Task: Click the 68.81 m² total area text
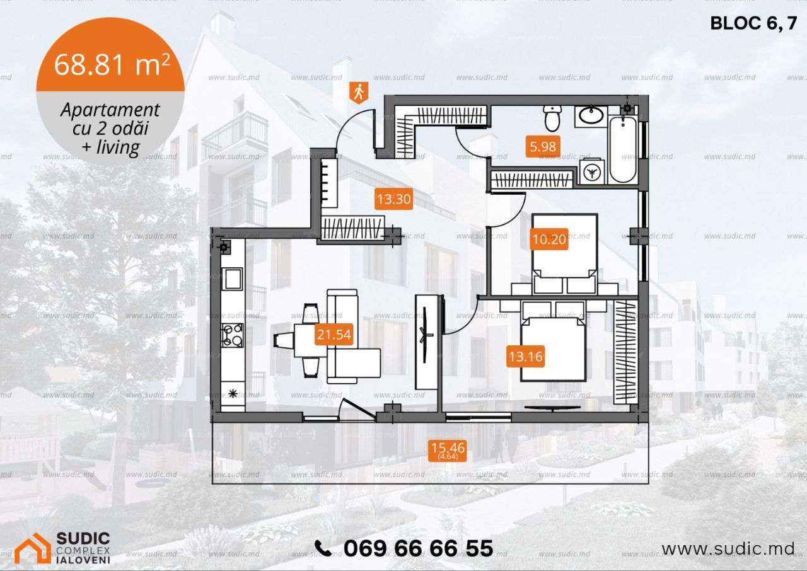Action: pyautogui.click(x=112, y=64)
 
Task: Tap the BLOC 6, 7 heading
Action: pyautogui.click(x=753, y=24)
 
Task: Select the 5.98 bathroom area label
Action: pyautogui.click(x=543, y=146)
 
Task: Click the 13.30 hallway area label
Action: pyautogui.click(x=394, y=199)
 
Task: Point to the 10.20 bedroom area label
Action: pyautogui.click(x=549, y=239)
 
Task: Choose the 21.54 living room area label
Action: pyautogui.click(x=334, y=335)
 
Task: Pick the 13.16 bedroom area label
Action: pyautogui.click(x=525, y=357)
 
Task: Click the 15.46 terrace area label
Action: pyautogui.click(x=448, y=450)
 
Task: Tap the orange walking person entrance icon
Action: pyautogui.click(x=359, y=93)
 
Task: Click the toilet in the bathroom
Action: pyautogui.click(x=552, y=118)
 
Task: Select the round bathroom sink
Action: pyautogui.click(x=591, y=115)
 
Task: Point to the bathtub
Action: pyautogui.click(x=623, y=149)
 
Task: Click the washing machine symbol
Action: pyautogui.click(x=591, y=173)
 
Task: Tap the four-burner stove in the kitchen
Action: pyautogui.click(x=233, y=335)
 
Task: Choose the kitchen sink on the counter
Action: pyautogui.click(x=233, y=279)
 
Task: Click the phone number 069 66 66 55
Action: pyautogui.click(x=418, y=549)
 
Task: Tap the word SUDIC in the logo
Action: pyautogui.click(x=83, y=539)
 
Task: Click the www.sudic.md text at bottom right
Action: pyautogui.click(x=728, y=550)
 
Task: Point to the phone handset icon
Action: pyautogui.click(x=323, y=548)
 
